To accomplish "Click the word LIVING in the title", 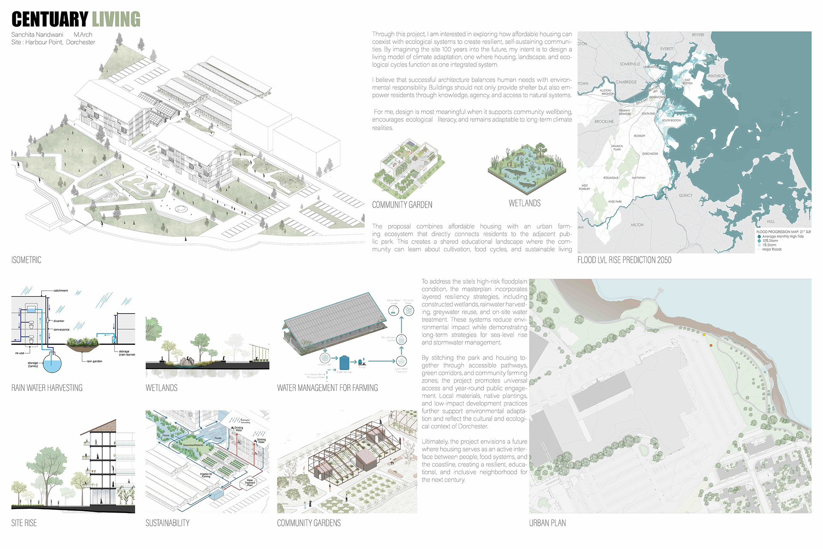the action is coord(116,19).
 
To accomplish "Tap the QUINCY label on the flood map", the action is coord(685,196).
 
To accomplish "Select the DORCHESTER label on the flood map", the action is coord(650,154).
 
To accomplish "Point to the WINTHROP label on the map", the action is coord(716,76).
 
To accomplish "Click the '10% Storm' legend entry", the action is coord(770,241).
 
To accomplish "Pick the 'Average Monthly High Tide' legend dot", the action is coord(759,236).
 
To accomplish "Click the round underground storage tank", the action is coord(52,363).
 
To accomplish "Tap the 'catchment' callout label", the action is coord(60,290).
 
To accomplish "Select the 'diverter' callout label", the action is coord(59,321).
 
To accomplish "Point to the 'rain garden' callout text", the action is coord(94,361).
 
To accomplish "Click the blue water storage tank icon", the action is coord(344,362).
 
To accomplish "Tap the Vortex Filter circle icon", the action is coord(324,358).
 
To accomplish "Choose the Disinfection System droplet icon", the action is coord(401,340).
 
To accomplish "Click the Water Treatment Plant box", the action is coord(249,483).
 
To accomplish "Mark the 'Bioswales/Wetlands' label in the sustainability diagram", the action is coord(193,445).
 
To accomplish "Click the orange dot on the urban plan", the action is coord(711,345).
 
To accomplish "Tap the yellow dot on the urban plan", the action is coord(704,335).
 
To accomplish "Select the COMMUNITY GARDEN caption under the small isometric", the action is coord(402,205).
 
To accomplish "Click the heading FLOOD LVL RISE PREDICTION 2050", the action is coord(624,260).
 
